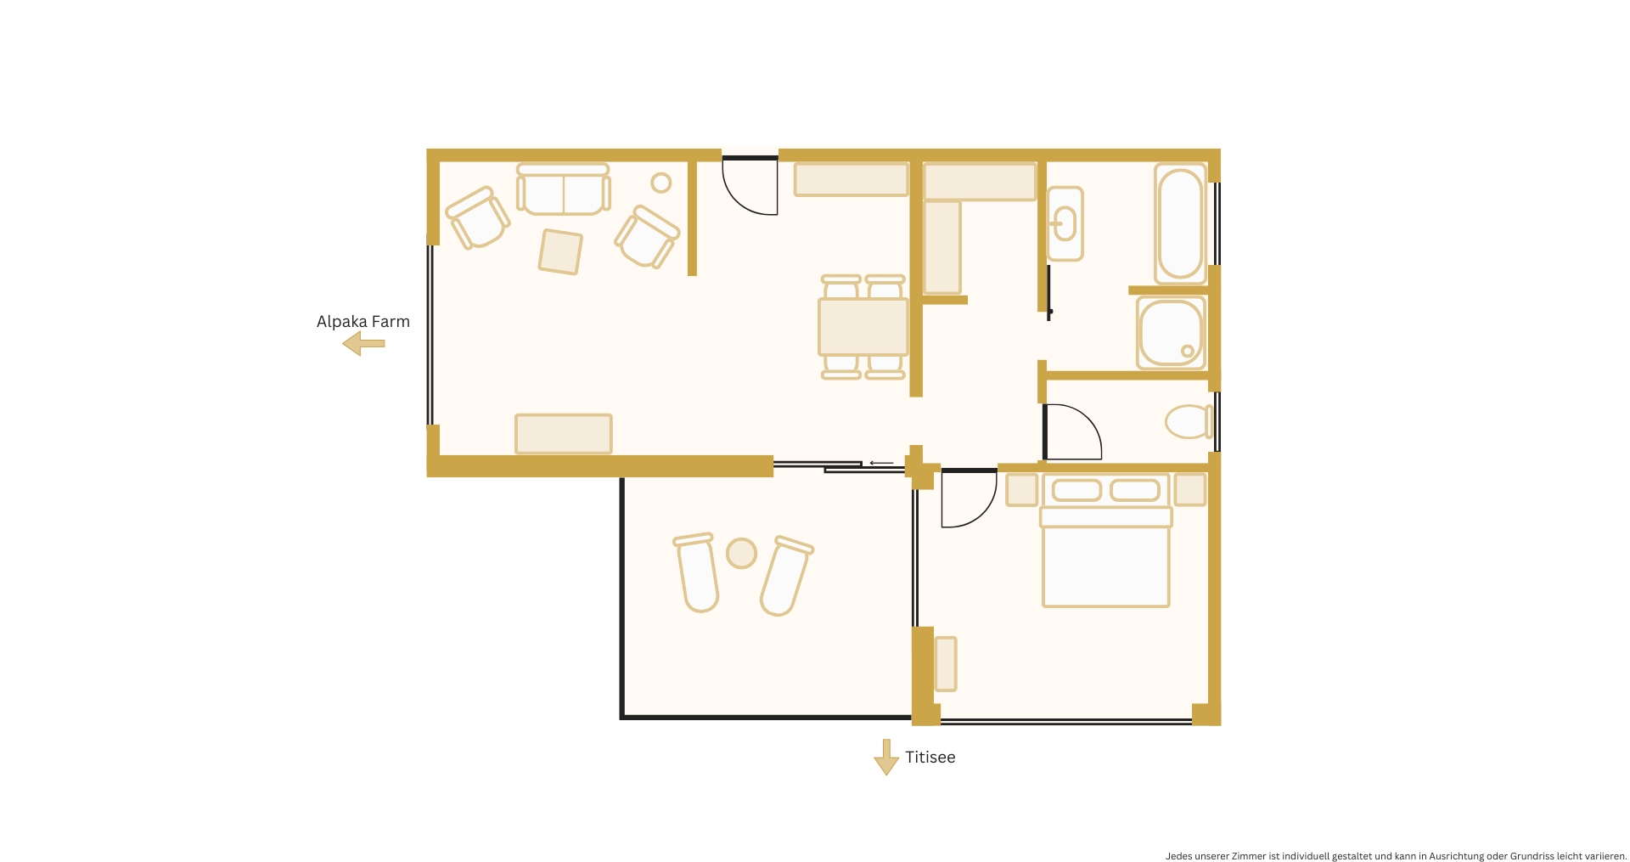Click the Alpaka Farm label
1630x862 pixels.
click(x=363, y=322)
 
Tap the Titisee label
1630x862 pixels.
click(x=930, y=758)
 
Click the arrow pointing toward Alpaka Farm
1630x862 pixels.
click(x=363, y=344)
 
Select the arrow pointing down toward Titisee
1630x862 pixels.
click(x=886, y=757)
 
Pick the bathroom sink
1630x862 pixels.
click(x=1065, y=224)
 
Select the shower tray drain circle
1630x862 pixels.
click(x=1188, y=351)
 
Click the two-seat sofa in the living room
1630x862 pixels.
click(x=563, y=190)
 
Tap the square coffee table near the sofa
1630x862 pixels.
click(x=560, y=251)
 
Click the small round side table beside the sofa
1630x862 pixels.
click(x=661, y=183)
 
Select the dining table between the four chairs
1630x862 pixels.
click(x=863, y=327)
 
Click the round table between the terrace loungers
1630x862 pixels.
click(x=741, y=554)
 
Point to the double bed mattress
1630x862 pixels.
click(x=1105, y=566)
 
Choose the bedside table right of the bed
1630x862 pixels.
click(x=1190, y=490)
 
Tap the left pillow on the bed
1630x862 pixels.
click(x=1076, y=490)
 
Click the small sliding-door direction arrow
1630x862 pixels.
click(x=881, y=464)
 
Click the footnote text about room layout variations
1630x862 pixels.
click(x=1396, y=856)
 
